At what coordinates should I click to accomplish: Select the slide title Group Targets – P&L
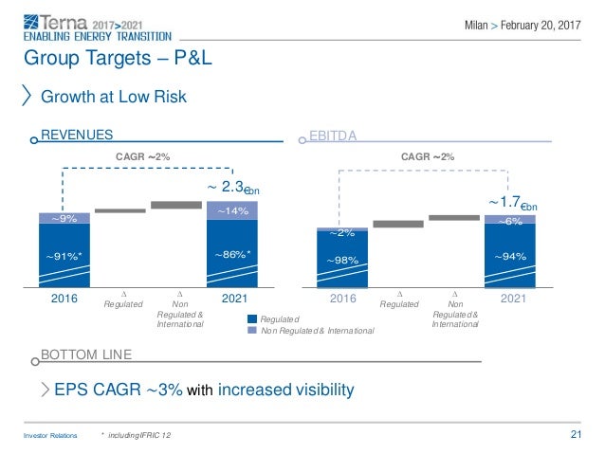pos(117,59)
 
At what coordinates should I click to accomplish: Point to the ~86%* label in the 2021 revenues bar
pos(232,255)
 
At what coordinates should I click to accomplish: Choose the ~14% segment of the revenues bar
pos(232,211)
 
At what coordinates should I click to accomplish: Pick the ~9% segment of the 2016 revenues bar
pos(65,218)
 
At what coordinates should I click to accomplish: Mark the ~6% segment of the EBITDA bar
pos(510,220)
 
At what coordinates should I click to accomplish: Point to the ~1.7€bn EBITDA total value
pos(512,202)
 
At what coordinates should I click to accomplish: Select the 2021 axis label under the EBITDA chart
pos(513,300)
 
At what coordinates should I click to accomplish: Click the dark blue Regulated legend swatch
pos(252,320)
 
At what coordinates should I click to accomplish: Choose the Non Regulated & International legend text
pos(317,330)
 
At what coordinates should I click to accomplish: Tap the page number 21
pos(576,435)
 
